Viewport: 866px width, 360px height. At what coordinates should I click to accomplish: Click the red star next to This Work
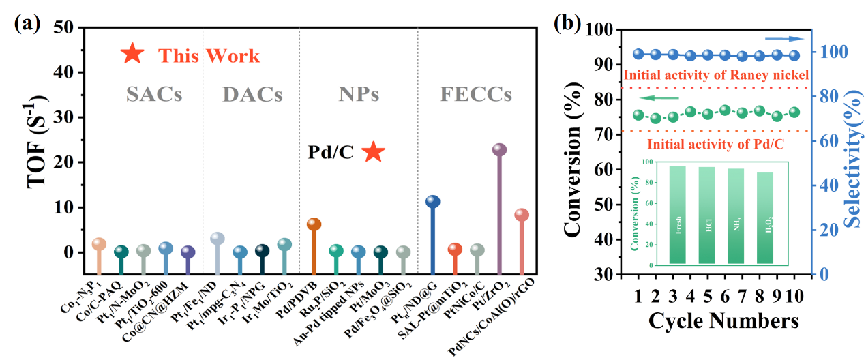[132, 54]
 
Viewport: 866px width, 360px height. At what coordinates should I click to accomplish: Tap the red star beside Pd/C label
[373, 151]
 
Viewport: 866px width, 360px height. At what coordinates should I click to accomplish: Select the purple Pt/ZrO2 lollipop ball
[499, 150]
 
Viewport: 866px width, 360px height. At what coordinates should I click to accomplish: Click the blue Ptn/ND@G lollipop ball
[432, 201]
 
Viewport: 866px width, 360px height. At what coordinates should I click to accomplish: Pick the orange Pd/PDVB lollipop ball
[314, 224]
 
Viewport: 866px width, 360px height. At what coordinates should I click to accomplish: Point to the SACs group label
[154, 95]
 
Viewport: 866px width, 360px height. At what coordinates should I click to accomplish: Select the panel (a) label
[28, 23]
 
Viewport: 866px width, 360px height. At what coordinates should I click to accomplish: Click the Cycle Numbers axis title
[723, 320]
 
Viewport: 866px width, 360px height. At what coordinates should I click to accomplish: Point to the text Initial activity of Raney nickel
[716, 75]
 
